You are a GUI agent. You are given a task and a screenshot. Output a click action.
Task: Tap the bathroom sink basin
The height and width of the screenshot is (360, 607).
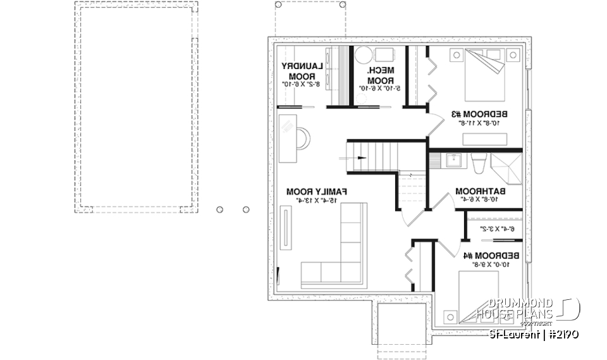tap(453, 160)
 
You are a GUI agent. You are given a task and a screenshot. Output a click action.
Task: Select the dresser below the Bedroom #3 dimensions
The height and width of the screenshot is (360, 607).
tap(480, 139)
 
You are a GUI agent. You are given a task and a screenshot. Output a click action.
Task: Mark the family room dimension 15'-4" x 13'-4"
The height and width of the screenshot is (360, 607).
tap(318, 201)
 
